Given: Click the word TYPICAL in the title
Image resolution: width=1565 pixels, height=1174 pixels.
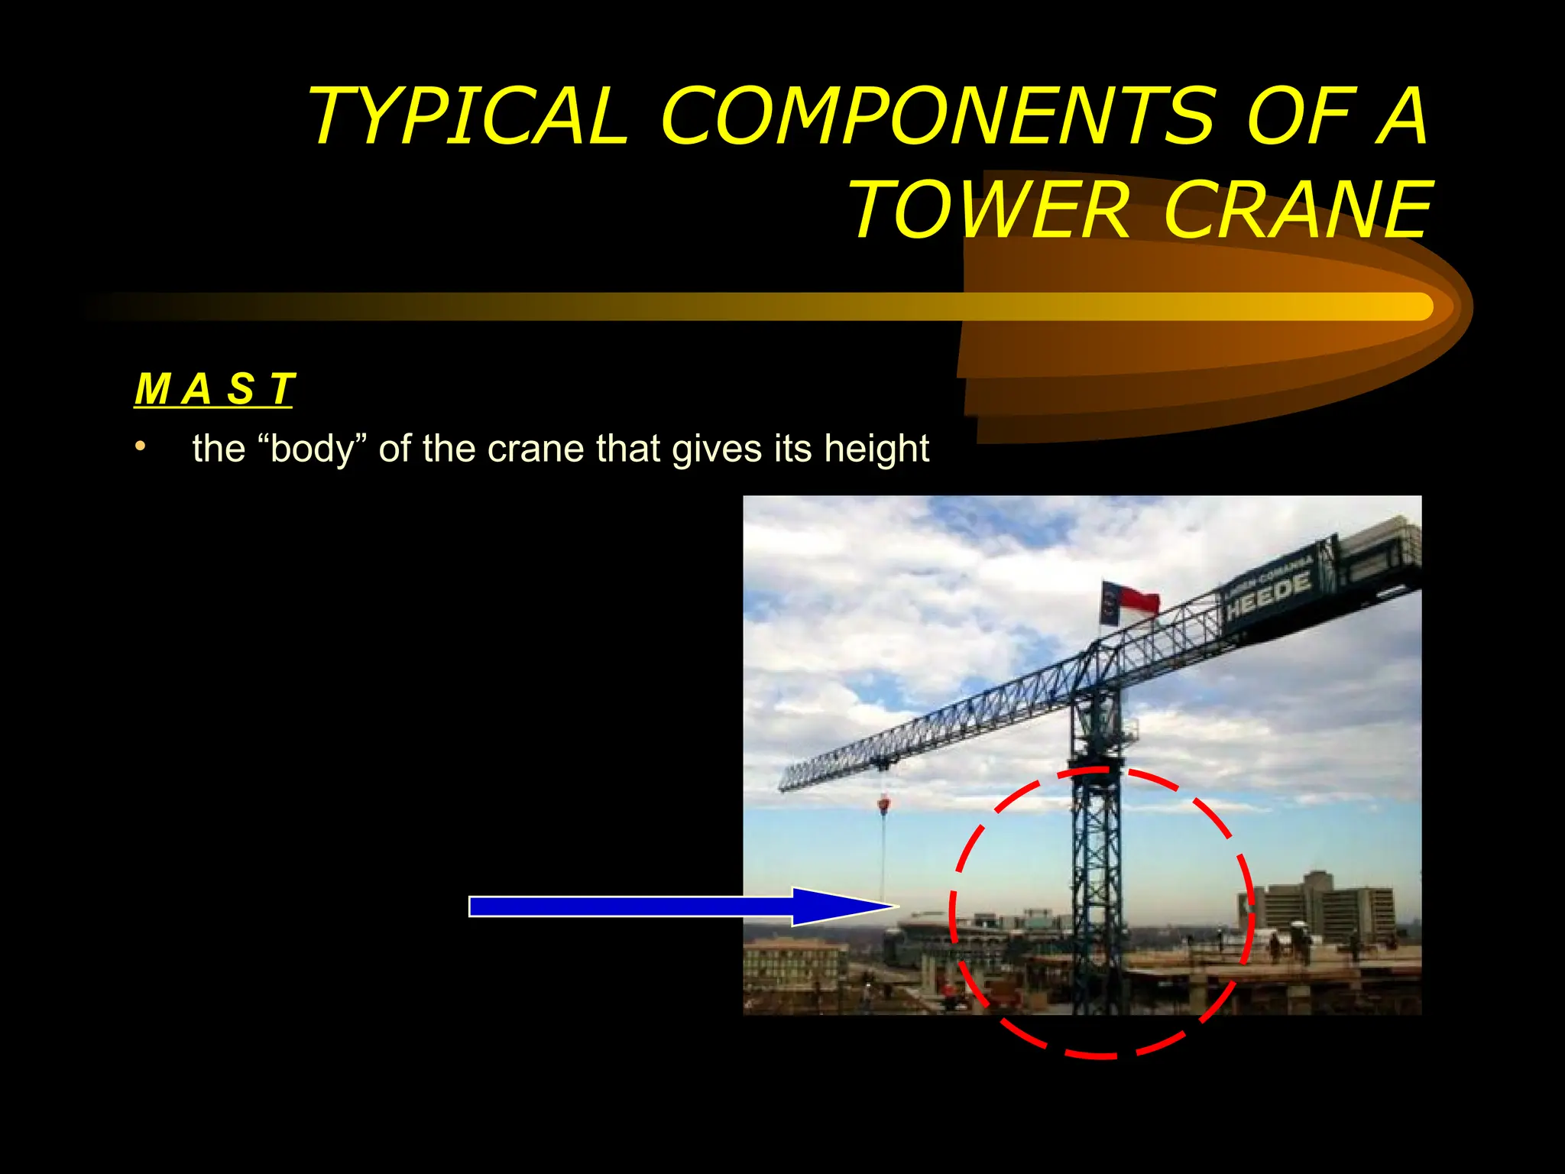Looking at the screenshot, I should tap(468, 116).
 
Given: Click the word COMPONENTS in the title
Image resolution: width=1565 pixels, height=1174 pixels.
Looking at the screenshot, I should tap(937, 116).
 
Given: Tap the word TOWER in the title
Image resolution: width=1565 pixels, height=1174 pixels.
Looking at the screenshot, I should tap(989, 210).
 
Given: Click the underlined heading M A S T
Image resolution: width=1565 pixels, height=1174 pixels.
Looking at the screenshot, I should tap(213, 389).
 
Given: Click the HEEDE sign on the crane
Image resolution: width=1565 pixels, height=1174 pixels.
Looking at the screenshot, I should tap(1269, 597).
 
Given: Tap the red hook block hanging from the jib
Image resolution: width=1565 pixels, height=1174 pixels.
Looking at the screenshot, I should tap(884, 804).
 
